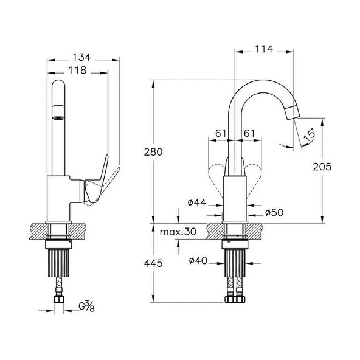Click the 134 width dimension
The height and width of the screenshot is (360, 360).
point(81,57)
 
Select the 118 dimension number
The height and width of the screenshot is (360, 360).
point(77,71)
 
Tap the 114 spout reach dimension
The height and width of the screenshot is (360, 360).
point(264,49)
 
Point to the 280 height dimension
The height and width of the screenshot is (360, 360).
point(153,152)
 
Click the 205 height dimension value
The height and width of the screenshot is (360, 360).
point(322,167)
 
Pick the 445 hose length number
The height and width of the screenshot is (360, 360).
point(153,263)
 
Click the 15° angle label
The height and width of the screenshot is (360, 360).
point(309,136)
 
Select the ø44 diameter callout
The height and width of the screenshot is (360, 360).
point(197,202)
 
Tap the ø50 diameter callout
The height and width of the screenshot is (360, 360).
point(274,213)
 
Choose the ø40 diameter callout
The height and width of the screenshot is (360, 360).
point(198,261)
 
